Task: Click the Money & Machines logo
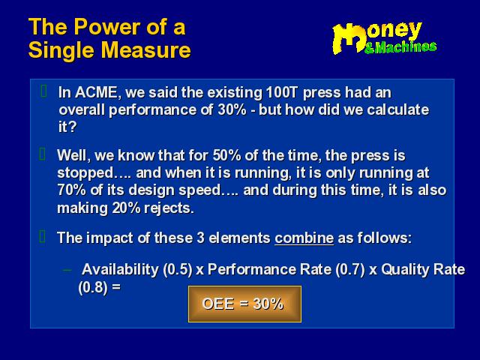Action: [x=384, y=38]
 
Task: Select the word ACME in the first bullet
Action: [x=96, y=92]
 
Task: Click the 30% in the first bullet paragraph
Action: [x=232, y=109]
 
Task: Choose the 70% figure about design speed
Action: [x=72, y=190]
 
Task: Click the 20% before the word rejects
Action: [x=126, y=208]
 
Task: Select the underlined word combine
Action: [x=304, y=238]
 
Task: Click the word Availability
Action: [x=120, y=270]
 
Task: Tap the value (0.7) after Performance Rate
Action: [x=350, y=270]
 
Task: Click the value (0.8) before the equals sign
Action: [x=93, y=287]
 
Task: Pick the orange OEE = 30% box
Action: [x=244, y=304]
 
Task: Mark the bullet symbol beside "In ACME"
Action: [x=43, y=91]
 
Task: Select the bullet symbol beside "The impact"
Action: [x=43, y=236]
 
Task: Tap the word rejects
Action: [x=169, y=208]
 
